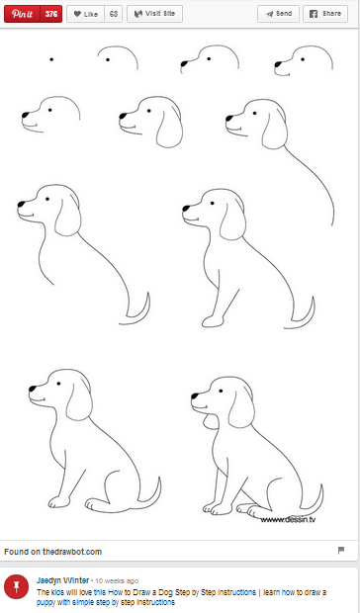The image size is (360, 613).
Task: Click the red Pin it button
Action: [x=23, y=14]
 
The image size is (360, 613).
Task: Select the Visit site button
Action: [x=154, y=14]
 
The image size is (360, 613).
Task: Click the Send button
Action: [x=279, y=14]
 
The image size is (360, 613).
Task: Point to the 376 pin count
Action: [x=52, y=14]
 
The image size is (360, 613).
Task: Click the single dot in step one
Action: [x=50, y=59]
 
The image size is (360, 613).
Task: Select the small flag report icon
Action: [x=341, y=550]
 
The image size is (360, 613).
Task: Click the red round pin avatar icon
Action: [x=16, y=585]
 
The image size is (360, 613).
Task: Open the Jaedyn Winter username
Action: [x=62, y=579]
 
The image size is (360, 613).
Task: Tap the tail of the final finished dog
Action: [x=317, y=494]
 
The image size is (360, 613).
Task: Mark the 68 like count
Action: [x=114, y=14]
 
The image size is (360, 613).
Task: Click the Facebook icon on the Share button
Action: [x=314, y=14]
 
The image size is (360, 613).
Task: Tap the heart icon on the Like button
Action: [x=76, y=14]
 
